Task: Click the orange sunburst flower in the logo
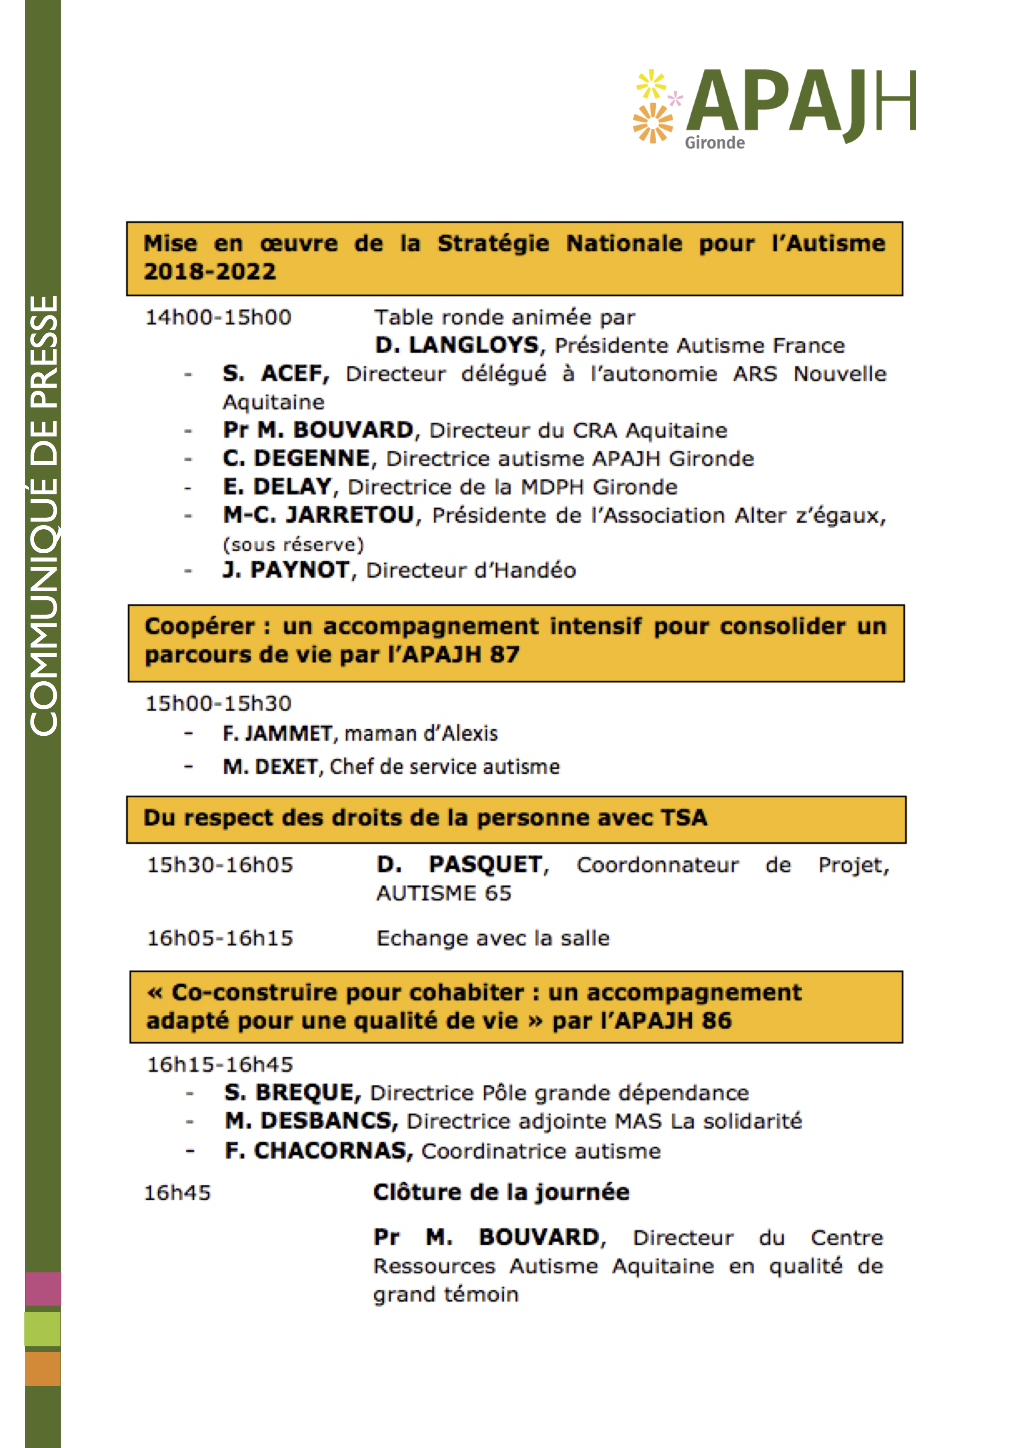coord(653,123)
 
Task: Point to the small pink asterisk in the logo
coord(676,98)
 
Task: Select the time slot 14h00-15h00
coord(218,317)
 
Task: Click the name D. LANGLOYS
coord(457,346)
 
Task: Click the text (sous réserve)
coord(293,544)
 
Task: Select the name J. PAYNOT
coord(286,570)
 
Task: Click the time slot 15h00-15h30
coord(218,703)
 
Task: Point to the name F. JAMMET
coord(277,733)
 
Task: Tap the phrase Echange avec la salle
coord(493,938)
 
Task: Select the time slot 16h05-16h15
coord(220,938)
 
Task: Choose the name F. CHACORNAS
coord(318,1151)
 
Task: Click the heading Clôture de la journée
coord(501,1192)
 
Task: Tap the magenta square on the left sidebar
coord(43,1289)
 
